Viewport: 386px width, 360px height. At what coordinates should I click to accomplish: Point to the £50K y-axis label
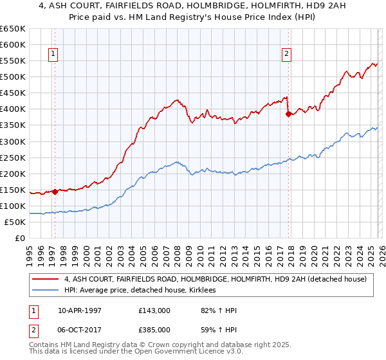tap(15, 222)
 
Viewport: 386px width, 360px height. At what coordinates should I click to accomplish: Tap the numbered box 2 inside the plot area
tap(286, 55)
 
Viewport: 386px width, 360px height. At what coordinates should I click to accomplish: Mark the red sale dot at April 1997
tap(55, 192)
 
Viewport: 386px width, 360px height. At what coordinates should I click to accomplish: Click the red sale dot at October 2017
tap(288, 114)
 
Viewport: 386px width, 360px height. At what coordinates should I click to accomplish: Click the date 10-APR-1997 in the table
tap(82, 310)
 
